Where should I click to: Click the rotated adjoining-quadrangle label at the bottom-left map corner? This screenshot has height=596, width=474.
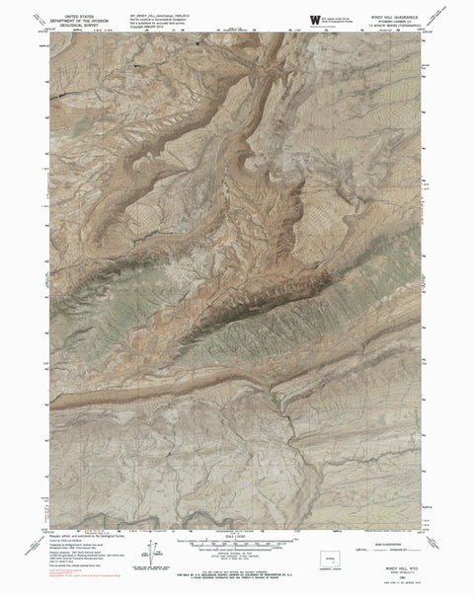pos(54,522)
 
